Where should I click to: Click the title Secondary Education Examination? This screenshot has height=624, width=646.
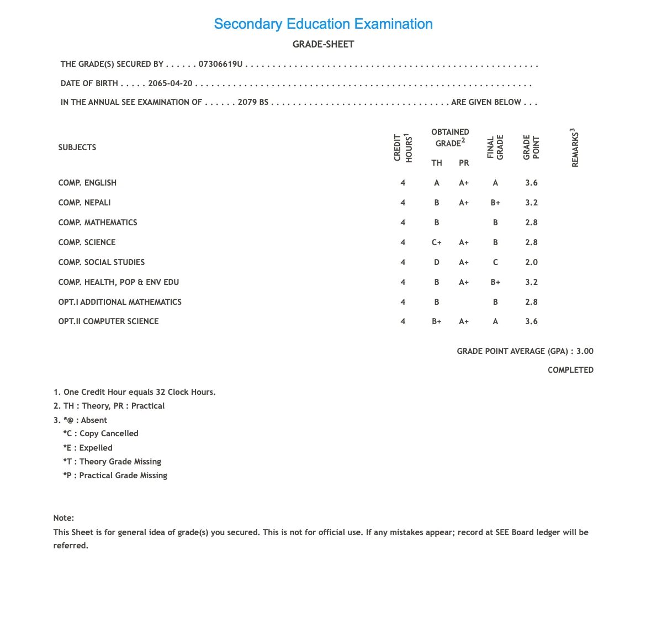coord(323,24)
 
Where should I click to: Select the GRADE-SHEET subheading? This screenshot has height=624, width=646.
coord(323,44)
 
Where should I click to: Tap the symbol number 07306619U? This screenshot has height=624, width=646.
coord(220,64)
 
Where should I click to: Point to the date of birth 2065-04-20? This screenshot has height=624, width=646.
coord(170,83)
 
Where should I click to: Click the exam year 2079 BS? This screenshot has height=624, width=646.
coord(253,102)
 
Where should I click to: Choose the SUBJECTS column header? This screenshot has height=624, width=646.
coord(77,147)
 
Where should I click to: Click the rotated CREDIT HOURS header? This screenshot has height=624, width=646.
coord(403,148)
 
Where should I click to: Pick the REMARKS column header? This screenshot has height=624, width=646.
coord(575,148)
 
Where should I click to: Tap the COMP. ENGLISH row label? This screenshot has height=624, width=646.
coord(87,183)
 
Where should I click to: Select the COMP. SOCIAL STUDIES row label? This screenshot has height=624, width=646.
coord(102,262)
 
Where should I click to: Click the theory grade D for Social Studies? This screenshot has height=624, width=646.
coord(437,262)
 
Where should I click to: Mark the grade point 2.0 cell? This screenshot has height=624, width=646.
coord(531,262)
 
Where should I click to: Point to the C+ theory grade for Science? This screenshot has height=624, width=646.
coord(437,242)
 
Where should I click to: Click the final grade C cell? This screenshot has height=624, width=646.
coord(495,262)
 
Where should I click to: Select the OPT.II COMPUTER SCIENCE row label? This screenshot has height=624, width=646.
coord(108,321)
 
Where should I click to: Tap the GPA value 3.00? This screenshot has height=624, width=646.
coord(585,351)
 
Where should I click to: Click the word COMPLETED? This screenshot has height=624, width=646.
coord(570,370)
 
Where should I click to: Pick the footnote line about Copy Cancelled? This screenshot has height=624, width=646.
coord(100,433)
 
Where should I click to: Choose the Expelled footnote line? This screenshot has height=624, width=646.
coord(88,448)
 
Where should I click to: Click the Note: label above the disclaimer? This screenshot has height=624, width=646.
coord(63,518)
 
